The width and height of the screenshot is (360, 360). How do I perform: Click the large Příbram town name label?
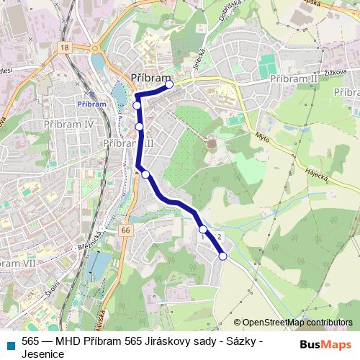point(151,78)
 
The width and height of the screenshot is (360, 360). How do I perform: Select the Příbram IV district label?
point(70,124)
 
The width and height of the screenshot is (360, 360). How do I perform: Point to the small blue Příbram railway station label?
point(91,103)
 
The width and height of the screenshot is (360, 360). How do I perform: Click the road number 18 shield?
point(66,47)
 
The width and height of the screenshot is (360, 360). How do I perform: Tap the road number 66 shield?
point(126,230)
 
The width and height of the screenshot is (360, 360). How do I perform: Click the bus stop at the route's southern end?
point(222,256)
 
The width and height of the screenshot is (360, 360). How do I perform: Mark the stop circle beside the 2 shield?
point(203,230)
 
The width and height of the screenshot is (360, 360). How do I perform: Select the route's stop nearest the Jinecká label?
point(169,84)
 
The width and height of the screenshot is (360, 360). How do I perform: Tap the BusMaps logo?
point(325,344)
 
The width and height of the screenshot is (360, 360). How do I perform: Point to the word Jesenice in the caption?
point(44,354)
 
